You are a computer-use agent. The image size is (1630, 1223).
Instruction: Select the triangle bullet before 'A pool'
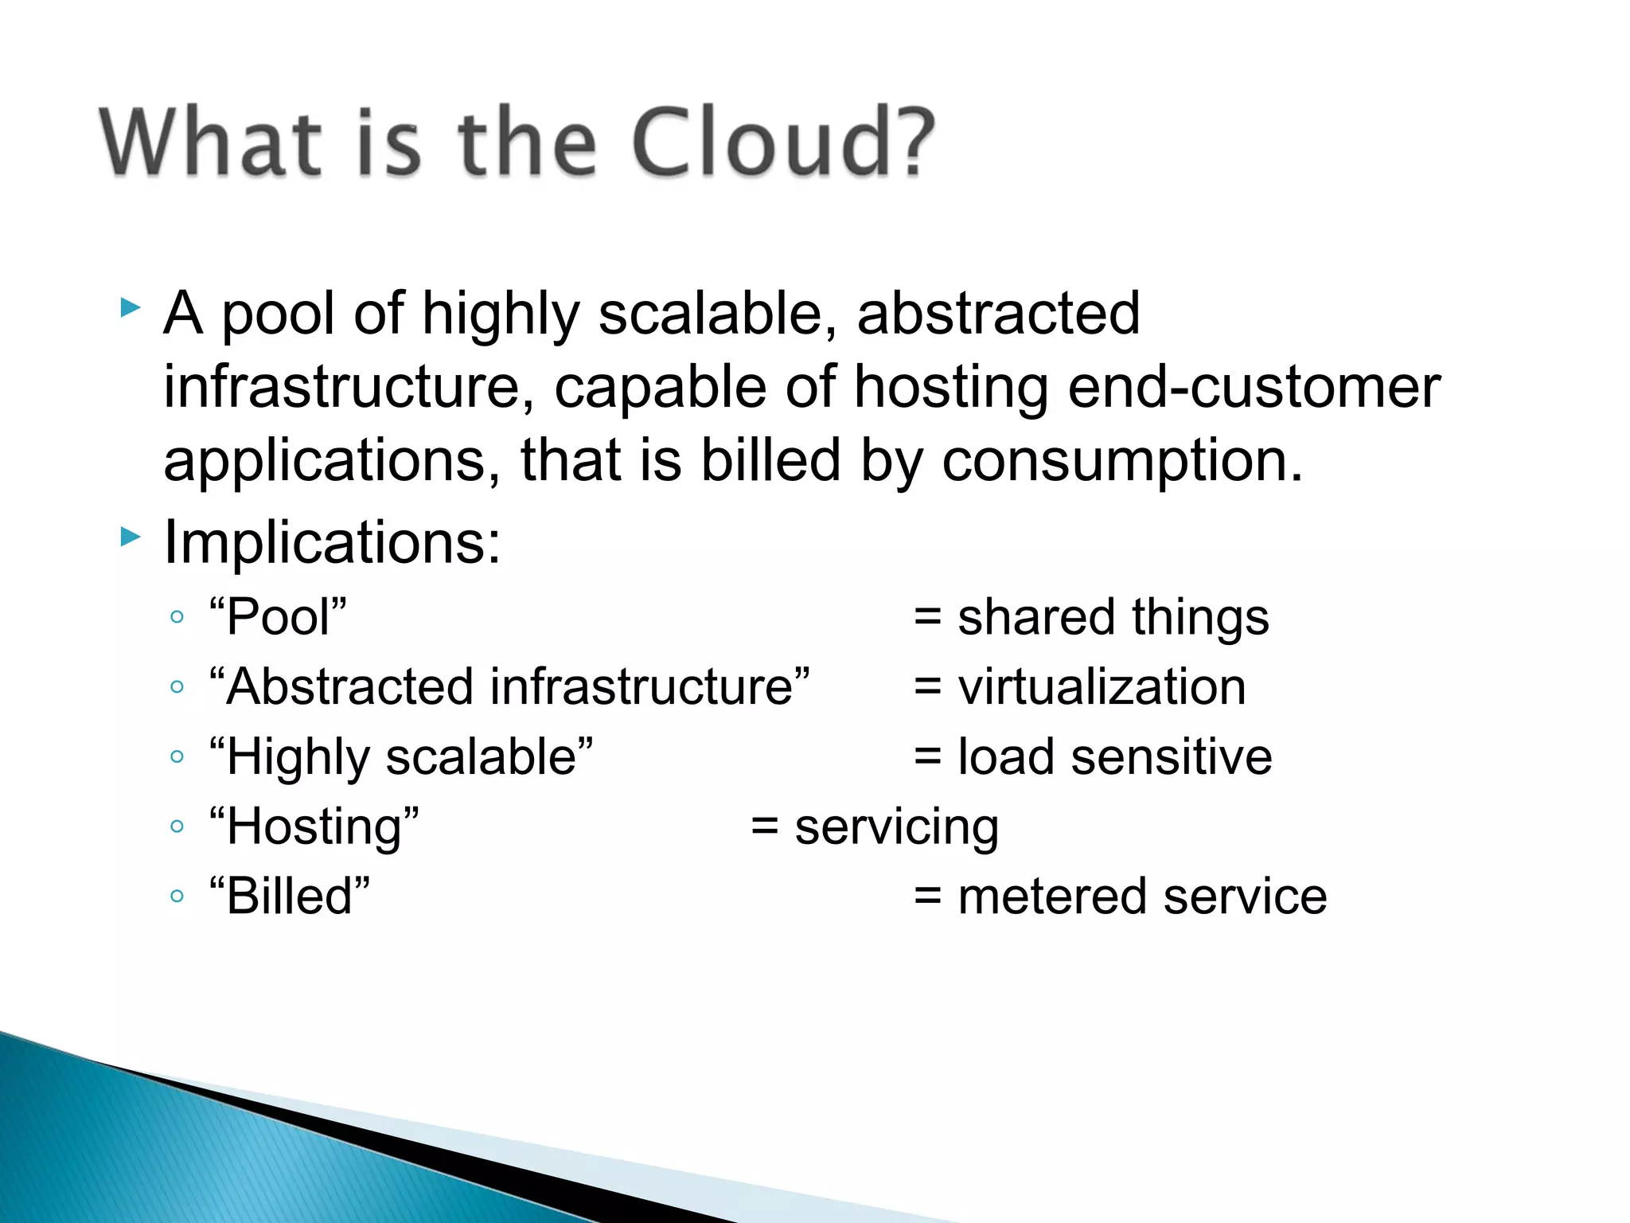[131, 307]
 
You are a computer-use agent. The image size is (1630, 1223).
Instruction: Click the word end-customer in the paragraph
[1254, 388]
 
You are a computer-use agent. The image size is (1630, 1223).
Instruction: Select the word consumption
[1122, 462]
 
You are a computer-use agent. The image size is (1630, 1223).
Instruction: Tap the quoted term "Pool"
[278, 617]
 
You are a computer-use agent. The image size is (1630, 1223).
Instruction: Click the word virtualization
[1102, 687]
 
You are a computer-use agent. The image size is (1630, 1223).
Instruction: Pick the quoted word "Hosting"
[314, 826]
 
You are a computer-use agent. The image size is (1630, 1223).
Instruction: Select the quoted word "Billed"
[290, 896]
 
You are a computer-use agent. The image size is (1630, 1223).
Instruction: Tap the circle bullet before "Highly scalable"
[177, 756]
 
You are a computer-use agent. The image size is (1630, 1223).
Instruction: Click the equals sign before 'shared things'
[928, 617]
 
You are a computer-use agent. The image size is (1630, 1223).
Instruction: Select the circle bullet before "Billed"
[177, 897]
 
